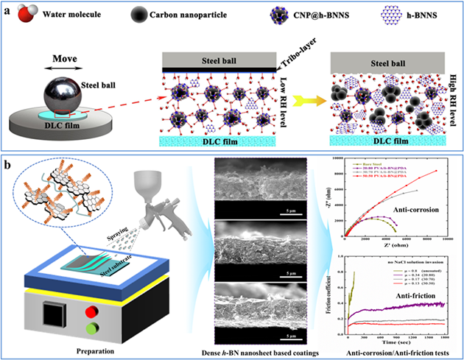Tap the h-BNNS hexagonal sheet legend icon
pyautogui.click(x=354, y=14)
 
